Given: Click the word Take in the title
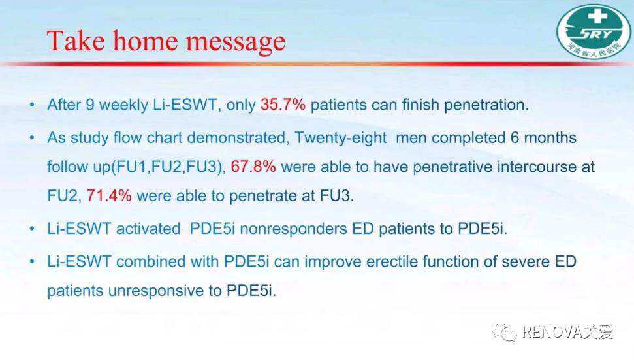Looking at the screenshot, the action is pos(76,41).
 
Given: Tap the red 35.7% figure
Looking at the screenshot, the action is pos(283,105).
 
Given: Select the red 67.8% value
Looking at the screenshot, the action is pos(253,166).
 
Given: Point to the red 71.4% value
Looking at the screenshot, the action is pos(109,195).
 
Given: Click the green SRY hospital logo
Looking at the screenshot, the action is pos(594,31).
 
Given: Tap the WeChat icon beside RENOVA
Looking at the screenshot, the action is pos(504,332).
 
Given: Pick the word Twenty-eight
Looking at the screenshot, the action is pos(340,138).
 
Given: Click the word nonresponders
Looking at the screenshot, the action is pos(294,229).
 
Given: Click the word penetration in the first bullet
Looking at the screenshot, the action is pos(486,105).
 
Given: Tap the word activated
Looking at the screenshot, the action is pos(148,229).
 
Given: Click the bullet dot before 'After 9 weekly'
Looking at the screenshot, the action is pos(32,105).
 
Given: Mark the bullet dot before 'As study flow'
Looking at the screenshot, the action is pos(32,138).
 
